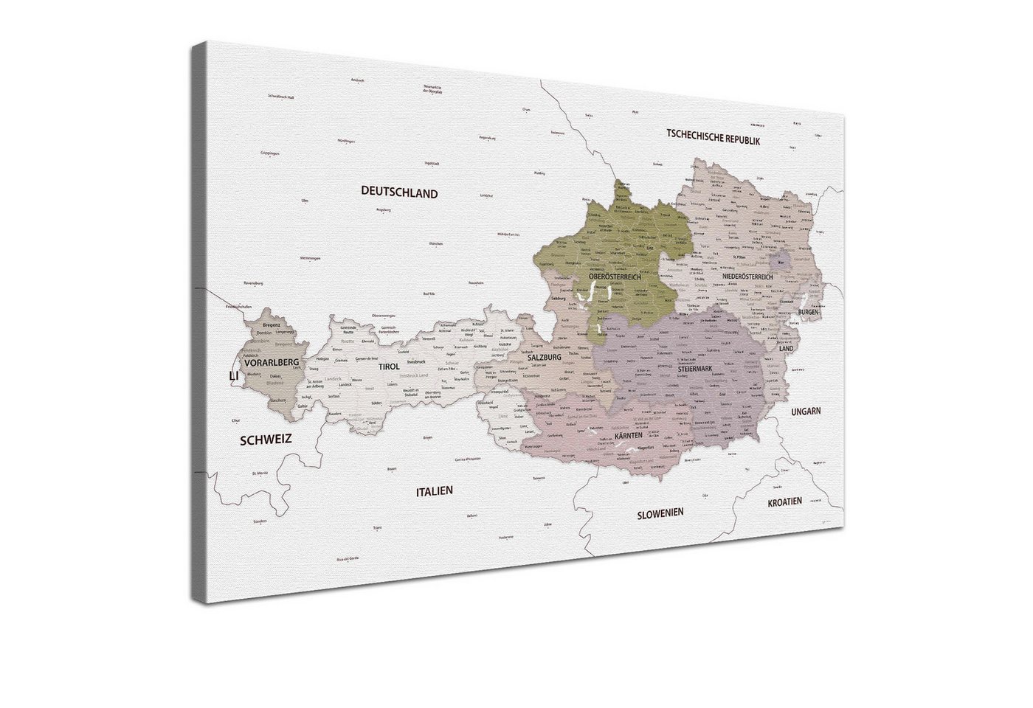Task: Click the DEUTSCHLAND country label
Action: tap(399, 193)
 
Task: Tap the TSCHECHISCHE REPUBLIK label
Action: tap(713, 136)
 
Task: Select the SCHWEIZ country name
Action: tap(266, 439)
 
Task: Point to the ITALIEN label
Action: tap(434, 490)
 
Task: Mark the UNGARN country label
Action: tap(806, 412)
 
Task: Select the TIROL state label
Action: tap(389, 367)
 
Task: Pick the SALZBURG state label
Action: tap(545, 357)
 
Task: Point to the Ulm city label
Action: tap(304, 200)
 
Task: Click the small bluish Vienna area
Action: tap(781, 260)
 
